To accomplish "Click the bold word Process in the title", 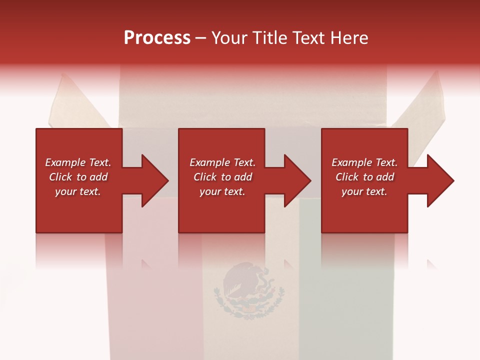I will point(157,38).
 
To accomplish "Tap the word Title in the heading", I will point(269,38).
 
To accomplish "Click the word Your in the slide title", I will point(229,38).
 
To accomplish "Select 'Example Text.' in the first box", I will point(78,162).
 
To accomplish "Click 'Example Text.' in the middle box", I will point(222,162).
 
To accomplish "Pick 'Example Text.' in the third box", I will point(364,162).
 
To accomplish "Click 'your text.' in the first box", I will point(78,191).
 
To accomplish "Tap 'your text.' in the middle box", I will point(222,191).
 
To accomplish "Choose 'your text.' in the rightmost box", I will point(364,191).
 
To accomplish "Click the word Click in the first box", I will point(60,177).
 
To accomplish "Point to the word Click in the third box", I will point(347,177).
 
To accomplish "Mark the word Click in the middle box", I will point(205,177).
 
